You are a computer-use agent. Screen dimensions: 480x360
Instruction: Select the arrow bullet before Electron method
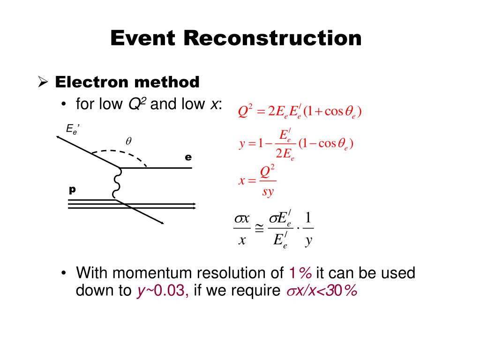[43, 83]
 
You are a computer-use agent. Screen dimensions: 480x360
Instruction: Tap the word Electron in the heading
[92, 82]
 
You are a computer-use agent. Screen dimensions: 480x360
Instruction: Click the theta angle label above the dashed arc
[127, 141]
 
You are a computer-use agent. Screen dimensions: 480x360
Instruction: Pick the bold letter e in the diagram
[188, 157]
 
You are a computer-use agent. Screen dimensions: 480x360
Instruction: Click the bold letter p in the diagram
[72, 189]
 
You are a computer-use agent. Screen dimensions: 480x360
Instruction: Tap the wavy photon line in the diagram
[116, 184]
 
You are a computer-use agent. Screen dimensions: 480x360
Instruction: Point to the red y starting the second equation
[242, 144]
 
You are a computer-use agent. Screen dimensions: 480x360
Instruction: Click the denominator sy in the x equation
[268, 193]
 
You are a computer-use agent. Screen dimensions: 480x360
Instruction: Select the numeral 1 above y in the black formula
[308, 218]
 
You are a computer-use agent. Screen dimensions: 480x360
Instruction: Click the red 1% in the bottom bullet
[300, 273]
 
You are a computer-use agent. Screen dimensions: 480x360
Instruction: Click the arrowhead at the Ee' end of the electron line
[59, 137]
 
